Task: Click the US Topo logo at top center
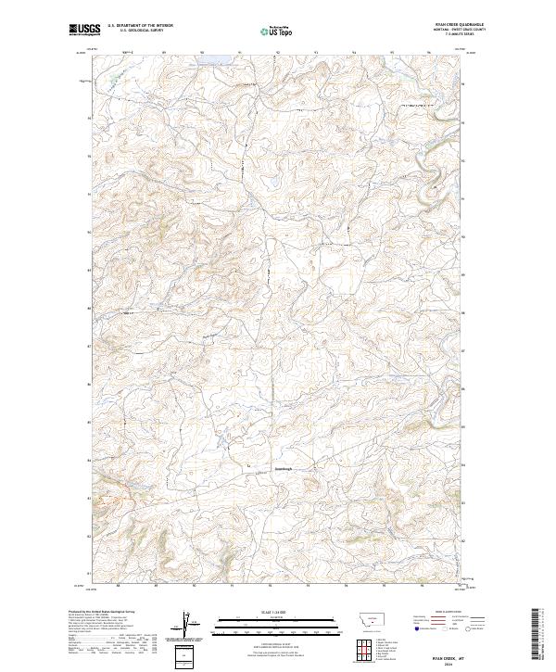tap(278, 30)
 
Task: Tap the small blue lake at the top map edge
tap(221, 55)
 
